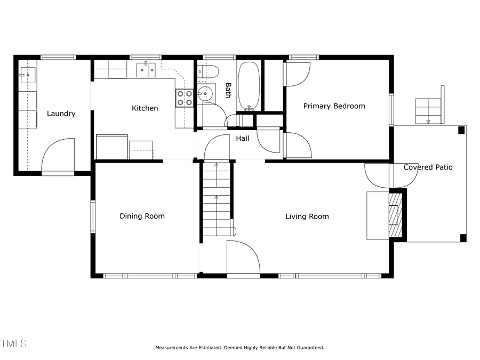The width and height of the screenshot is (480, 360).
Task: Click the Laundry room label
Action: coord(61,114)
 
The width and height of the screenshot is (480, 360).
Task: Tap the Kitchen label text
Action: coord(145,108)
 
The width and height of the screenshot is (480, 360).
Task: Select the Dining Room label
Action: coord(142,216)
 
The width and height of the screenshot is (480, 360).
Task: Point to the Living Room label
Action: coord(307,217)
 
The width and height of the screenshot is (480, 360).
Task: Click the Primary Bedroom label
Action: coord(334,106)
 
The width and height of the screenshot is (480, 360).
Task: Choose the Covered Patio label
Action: coord(428,167)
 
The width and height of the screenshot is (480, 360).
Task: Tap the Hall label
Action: coord(243,139)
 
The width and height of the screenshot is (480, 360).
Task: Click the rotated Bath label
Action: coord(228,90)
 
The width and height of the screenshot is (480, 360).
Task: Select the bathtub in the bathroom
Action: coord(248,85)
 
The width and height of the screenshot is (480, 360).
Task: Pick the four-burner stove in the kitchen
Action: coord(185,97)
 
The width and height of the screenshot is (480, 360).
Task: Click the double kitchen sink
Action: coord(145,69)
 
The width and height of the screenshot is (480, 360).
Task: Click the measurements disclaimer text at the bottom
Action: coord(239,348)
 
